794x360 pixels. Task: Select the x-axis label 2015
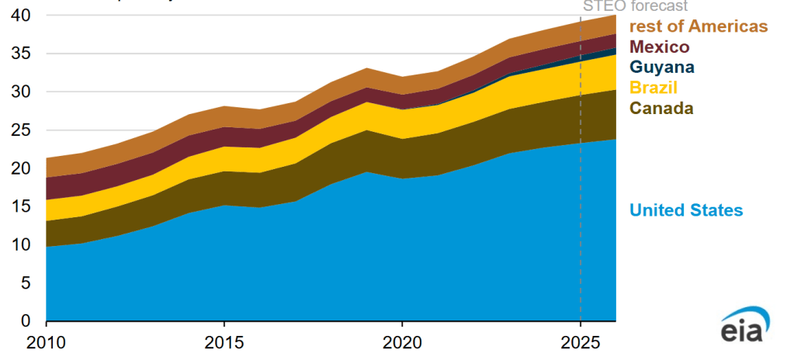click(x=224, y=342)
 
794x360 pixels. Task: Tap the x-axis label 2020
click(x=402, y=342)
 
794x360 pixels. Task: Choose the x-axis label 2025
click(x=580, y=342)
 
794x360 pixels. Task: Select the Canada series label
click(x=661, y=108)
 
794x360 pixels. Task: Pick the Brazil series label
click(x=654, y=88)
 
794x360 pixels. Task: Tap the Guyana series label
click(x=661, y=67)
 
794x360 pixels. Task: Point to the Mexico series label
click(x=659, y=47)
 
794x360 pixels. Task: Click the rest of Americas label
click(x=698, y=27)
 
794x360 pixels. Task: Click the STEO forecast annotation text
click(x=635, y=5)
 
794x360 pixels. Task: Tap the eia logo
click(x=747, y=328)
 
